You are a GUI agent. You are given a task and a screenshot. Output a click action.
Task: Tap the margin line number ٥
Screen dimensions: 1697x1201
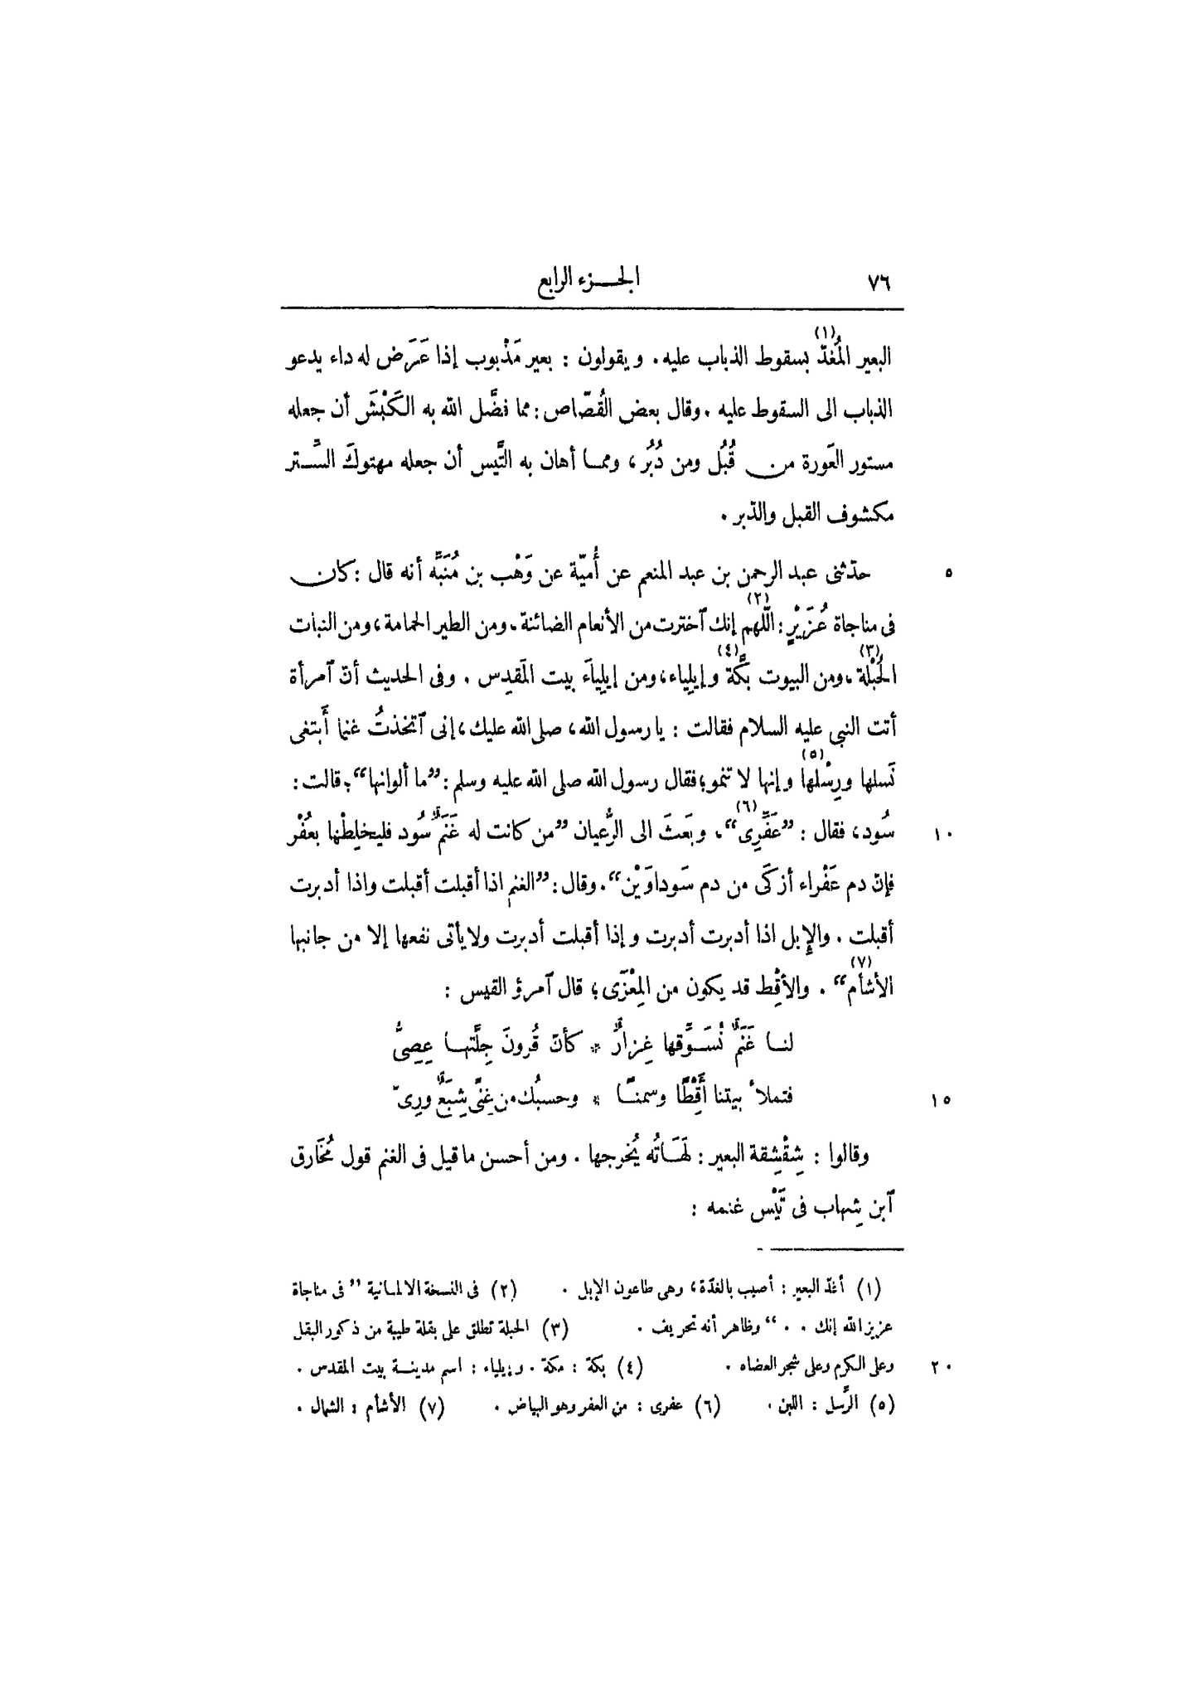947,573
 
